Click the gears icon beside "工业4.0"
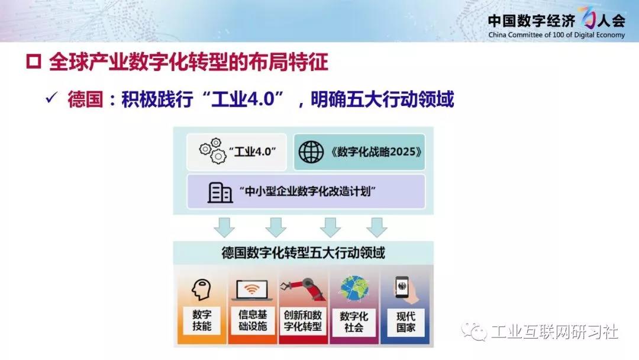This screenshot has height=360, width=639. click(212, 151)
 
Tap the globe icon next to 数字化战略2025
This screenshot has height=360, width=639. click(311, 152)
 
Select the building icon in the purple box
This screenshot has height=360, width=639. click(220, 192)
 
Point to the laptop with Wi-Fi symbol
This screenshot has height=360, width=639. click(252, 291)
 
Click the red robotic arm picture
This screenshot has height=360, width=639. click(303, 290)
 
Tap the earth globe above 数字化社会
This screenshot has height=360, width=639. click(354, 289)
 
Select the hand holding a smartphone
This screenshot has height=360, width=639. click(406, 290)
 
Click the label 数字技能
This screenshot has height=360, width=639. click(202, 320)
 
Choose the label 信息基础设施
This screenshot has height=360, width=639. click(253, 320)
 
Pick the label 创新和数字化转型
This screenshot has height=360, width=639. click(303, 321)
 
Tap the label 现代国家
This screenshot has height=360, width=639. click(406, 322)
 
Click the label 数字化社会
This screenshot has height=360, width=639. click(354, 322)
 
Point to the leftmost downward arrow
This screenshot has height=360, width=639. click(224, 227)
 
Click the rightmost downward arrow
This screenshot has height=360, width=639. click(376, 227)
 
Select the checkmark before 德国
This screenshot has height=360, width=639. click(51, 98)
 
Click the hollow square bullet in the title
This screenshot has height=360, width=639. click(33, 62)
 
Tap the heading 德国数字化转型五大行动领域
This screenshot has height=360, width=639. click(303, 253)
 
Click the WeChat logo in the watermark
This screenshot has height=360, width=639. click(474, 331)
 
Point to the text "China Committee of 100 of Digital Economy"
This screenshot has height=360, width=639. click(556, 35)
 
